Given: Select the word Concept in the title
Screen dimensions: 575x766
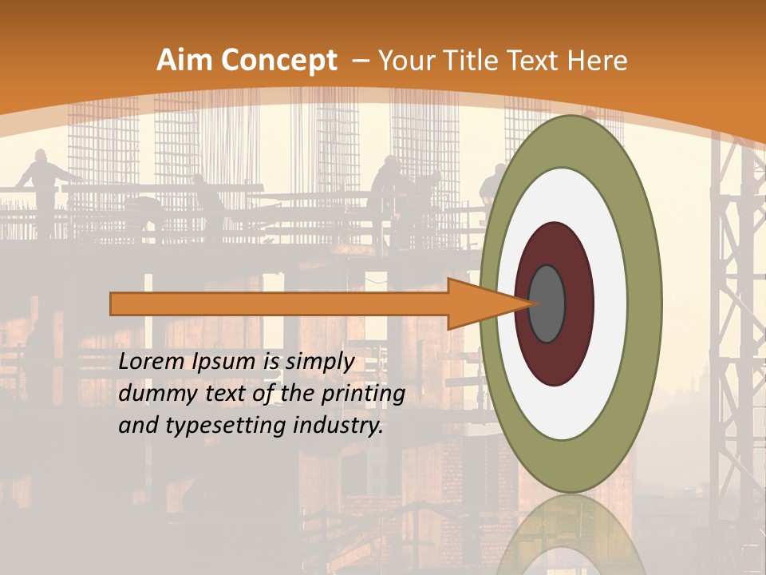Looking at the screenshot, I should click(279, 61).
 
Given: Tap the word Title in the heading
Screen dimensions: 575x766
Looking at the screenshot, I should click(479, 61).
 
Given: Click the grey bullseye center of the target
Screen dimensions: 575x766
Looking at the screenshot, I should click(547, 303).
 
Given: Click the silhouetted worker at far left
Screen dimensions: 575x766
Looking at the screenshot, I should click(43, 184).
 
